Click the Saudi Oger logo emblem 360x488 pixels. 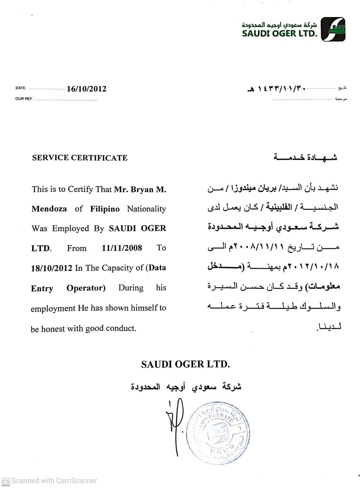[333, 29]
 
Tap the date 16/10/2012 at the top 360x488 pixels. [87, 89]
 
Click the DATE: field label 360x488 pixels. [21, 88]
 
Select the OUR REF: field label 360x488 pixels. [24, 99]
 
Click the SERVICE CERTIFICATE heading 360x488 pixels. [80, 158]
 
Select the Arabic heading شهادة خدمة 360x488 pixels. [305, 157]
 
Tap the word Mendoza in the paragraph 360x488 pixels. [49, 209]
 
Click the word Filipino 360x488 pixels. [105, 209]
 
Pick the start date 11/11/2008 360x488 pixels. [122, 248]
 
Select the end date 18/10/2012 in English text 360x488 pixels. [51, 268]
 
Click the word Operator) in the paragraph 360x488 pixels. [86, 288]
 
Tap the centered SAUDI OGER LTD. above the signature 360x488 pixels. [185, 364]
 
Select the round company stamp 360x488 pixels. [218, 432]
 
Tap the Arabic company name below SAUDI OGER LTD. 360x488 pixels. [186, 387]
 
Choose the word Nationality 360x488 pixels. [146, 209]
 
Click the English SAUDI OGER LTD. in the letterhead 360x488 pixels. [280, 33]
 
